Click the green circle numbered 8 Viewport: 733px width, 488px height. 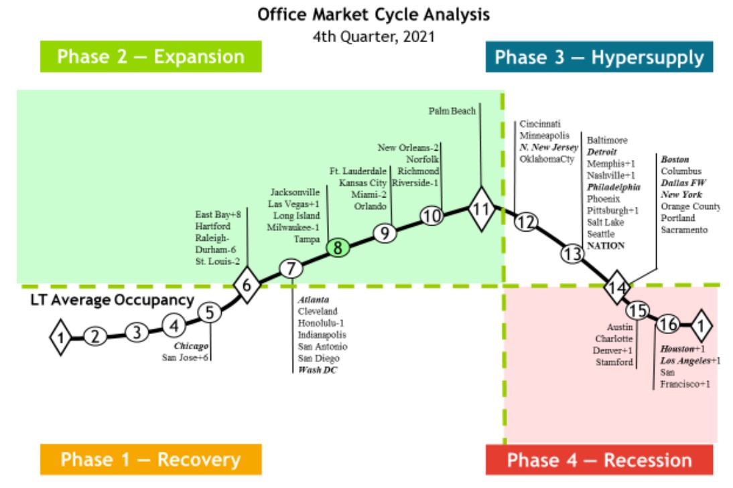click(338, 248)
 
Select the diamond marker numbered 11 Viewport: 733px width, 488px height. click(480, 208)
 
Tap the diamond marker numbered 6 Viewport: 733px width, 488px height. click(247, 285)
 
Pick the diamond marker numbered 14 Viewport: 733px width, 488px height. click(616, 288)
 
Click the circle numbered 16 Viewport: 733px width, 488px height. click(668, 325)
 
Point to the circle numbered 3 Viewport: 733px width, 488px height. click(137, 332)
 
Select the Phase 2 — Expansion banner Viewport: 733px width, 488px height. click(151, 57)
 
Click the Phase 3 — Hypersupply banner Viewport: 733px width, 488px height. click(599, 58)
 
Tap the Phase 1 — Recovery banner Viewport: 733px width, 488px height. click(150, 460)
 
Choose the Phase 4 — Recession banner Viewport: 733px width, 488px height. click(599, 460)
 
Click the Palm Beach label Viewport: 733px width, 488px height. click(452, 111)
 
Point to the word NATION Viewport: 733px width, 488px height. click(606, 246)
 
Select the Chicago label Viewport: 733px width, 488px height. click(192, 346)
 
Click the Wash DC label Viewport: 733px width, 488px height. click(318, 370)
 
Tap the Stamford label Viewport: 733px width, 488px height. click(614, 362)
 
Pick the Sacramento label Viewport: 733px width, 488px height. click(684, 230)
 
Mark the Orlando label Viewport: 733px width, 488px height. click(371, 206)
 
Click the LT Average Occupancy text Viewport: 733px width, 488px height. click(112, 301)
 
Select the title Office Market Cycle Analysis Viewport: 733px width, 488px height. click(374, 14)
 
